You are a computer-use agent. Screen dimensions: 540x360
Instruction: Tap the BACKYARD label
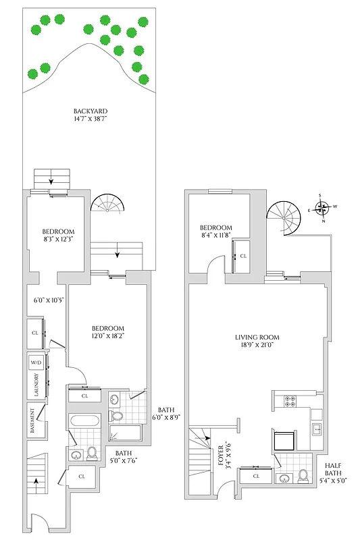click(x=91, y=111)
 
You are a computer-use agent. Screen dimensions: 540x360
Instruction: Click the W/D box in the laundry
click(x=36, y=362)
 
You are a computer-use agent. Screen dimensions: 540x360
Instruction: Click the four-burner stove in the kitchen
click(x=291, y=400)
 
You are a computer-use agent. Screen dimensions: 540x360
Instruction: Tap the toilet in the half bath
click(x=304, y=475)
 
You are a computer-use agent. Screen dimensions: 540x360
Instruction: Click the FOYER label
click(x=222, y=457)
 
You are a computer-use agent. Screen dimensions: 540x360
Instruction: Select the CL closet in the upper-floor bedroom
click(x=243, y=257)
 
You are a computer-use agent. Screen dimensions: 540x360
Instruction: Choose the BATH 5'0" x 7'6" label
click(x=123, y=457)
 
